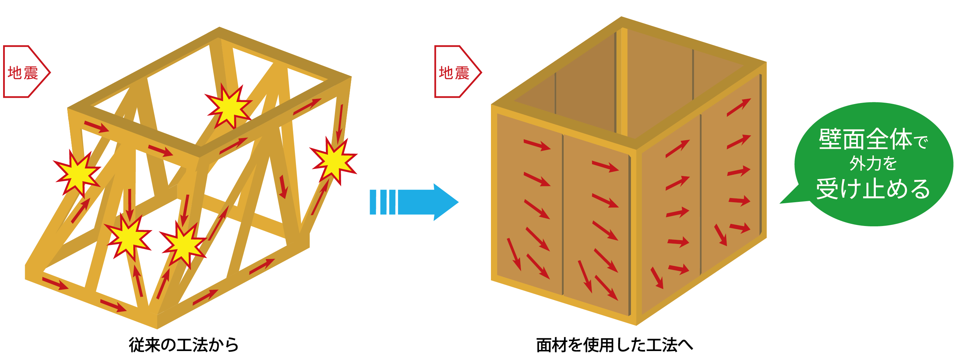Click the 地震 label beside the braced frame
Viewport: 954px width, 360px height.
[23, 73]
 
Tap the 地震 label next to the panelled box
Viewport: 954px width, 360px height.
[454, 73]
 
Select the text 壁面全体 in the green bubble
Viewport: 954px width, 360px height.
[865, 139]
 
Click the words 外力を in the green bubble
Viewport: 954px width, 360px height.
[873, 163]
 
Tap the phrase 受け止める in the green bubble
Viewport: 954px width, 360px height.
[873, 189]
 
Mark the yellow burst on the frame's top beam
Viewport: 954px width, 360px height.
[229, 105]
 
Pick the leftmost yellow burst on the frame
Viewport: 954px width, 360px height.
[77, 173]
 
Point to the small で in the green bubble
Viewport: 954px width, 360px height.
[921, 142]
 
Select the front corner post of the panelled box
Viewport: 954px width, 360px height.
[636, 237]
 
